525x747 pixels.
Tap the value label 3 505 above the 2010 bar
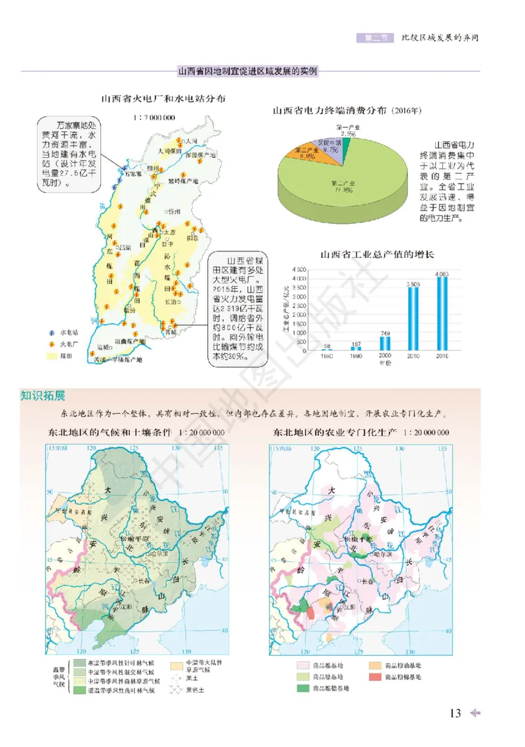[x=413, y=283]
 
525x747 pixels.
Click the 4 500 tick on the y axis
[x=299, y=270]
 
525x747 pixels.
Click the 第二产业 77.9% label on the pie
[x=342, y=186]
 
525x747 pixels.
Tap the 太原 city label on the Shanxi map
[x=170, y=232]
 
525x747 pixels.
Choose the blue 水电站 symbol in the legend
[x=51, y=333]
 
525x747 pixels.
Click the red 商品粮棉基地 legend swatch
[x=373, y=676]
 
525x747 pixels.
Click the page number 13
[x=455, y=714]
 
